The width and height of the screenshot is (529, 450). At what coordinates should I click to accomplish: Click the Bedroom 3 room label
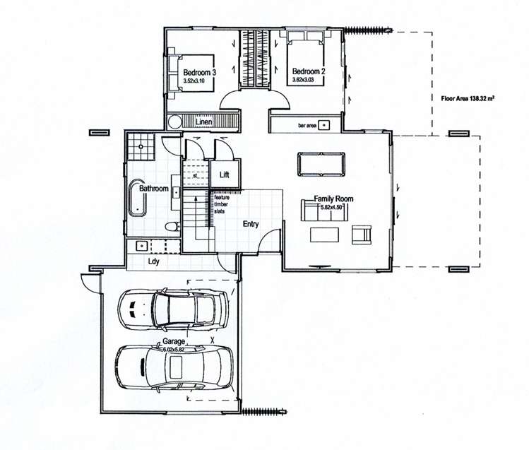point(200,72)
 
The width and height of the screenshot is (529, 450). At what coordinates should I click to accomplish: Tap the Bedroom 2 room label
point(308,71)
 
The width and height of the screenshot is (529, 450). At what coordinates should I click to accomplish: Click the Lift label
point(225,174)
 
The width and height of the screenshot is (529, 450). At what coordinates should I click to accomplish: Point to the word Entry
point(250,224)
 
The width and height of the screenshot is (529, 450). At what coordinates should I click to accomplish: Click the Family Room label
point(333,199)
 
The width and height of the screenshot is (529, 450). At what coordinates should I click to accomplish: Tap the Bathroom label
point(153,189)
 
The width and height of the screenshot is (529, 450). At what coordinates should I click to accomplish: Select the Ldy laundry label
point(153,261)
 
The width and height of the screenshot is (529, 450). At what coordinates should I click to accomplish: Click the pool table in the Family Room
point(321,163)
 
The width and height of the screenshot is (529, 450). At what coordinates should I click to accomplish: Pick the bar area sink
point(323,125)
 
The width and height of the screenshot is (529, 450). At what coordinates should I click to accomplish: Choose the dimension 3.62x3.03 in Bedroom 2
point(308,81)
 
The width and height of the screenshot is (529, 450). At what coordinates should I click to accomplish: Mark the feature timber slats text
point(221,203)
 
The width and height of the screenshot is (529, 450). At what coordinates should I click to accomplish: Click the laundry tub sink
point(141,246)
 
